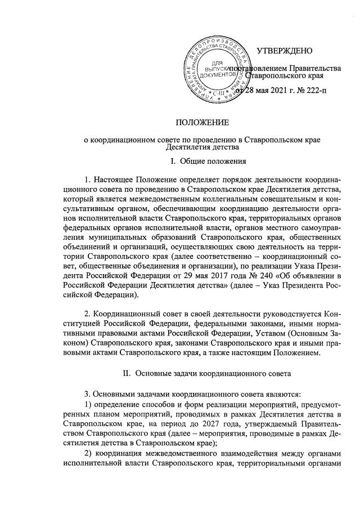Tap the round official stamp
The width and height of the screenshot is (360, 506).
pos(219,68)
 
